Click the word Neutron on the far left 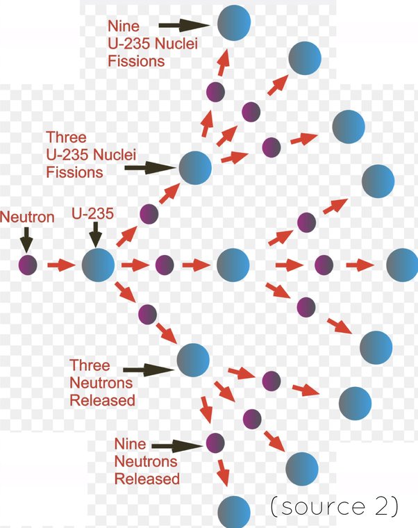pyautogui.click(x=27, y=217)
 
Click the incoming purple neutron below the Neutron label pyautogui.click(x=28, y=265)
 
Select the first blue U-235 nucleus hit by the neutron pyautogui.click(x=98, y=265)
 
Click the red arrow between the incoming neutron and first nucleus pyautogui.click(x=60, y=265)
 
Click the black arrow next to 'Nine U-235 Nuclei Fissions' pyautogui.click(x=190, y=26)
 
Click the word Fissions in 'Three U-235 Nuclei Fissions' pyautogui.click(x=75, y=172)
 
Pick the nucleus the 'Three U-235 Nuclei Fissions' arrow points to pyautogui.click(x=195, y=167)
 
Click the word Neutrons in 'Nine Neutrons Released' pyautogui.click(x=147, y=461)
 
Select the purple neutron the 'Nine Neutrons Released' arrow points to pyautogui.click(x=215, y=443)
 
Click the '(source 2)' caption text pyautogui.click(x=334, y=506)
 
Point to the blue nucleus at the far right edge pyautogui.click(x=403, y=265)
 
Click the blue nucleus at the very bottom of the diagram pyautogui.click(x=233, y=512)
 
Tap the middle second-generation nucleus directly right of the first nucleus pyautogui.click(x=233, y=265)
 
